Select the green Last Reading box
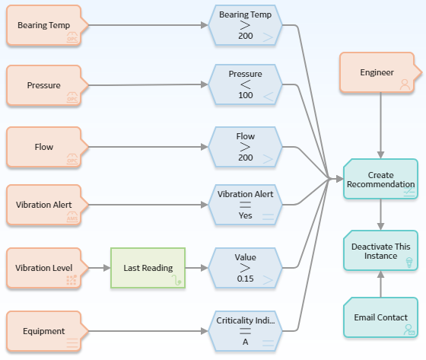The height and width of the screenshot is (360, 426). (x=148, y=268)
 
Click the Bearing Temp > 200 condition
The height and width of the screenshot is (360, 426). (x=245, y=25)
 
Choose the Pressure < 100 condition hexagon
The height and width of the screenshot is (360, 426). (x=245, y=84)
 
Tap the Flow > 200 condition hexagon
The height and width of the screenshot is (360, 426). (x=245, y=147)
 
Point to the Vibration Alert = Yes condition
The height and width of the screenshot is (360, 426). (x=245, y=205)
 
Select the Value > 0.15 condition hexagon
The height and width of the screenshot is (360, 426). (x=245, y=268)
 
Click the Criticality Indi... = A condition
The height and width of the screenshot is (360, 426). (x=245, y=331)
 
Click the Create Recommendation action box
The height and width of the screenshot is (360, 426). (x=380, y=179)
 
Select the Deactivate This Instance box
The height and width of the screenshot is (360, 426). (x=380, y=250)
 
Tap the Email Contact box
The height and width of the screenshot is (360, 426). (x=380, y=317)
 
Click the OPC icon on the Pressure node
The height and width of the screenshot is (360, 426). (x=72, y=97)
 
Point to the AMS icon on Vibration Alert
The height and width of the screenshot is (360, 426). (x=72, y=217)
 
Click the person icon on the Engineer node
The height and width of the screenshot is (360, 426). (x=405, y=84)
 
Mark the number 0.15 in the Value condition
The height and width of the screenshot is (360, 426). (x=245, y=279)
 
